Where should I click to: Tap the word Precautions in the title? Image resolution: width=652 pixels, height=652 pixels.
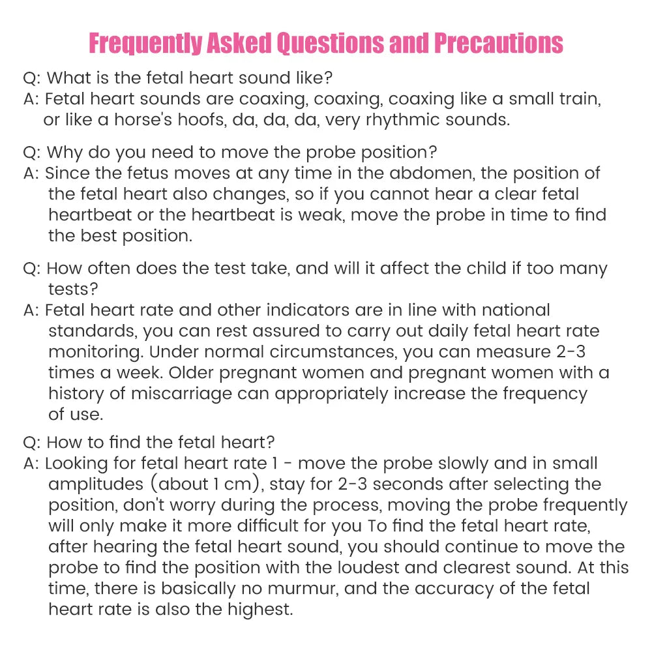(498, 44)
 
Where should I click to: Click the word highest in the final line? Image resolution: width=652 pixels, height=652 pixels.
(260, 610)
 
